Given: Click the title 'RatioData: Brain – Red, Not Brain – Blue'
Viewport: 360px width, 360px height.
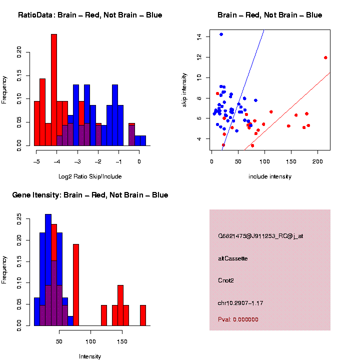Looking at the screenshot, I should pos(90,15).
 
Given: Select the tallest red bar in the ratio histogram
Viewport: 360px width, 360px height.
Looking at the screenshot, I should pos(54,90).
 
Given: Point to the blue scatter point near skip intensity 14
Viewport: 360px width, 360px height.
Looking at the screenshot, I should pos(221,34).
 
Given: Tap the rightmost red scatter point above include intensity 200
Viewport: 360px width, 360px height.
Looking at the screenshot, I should pos(325,57).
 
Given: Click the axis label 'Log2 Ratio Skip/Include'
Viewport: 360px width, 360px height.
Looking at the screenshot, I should pos(90,176).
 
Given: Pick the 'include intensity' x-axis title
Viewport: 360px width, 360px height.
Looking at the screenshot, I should pos(270,176).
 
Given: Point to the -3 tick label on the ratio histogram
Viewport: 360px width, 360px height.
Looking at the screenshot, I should pos(77,161).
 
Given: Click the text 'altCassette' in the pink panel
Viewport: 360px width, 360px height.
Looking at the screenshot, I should pos(233,258).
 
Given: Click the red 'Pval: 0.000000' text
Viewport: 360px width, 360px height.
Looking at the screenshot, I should pos(238,319).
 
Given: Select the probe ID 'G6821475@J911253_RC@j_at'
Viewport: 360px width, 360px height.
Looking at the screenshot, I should pos(260,236).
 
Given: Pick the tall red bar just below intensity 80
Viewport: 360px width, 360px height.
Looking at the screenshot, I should pos(76,285).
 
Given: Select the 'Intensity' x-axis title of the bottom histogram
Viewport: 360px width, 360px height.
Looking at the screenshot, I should pos(90,356).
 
